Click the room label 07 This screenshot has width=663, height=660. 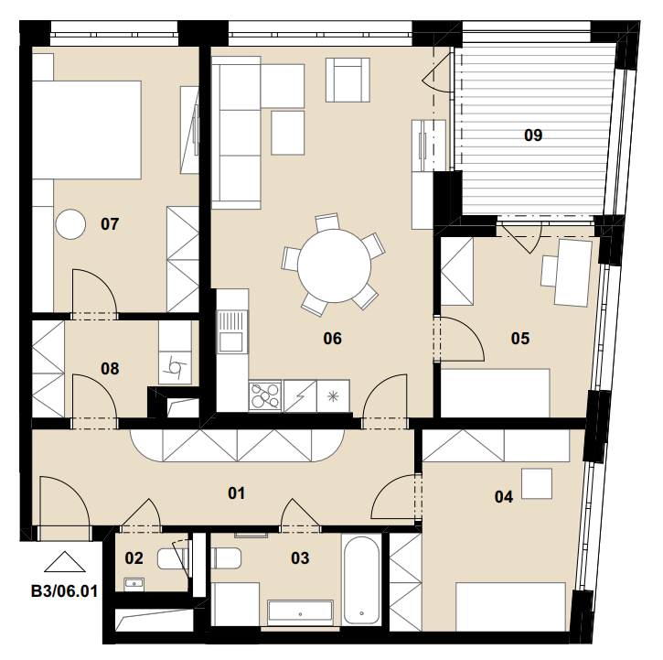(110, 224)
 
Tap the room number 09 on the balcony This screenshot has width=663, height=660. (533, 135)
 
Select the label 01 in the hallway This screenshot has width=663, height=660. (236, 492)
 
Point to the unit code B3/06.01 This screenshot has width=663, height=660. (64, 591)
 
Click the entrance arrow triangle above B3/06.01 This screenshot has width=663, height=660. (65, 561)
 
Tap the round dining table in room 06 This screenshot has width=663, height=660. (334, 265)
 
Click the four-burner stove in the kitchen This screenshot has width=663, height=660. (265, 395)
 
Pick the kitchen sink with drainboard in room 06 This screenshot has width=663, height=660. (232, 332)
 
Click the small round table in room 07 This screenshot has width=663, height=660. (70, 224)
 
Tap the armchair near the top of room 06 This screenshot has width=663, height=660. (348, 80)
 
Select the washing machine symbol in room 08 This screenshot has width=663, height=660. (175, 367)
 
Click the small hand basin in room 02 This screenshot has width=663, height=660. (134, 585)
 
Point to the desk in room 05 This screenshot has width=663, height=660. (573, 272)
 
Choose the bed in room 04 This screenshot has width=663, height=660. (510, 607)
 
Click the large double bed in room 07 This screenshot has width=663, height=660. (87, 130)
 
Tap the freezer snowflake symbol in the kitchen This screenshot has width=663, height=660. (333, 396)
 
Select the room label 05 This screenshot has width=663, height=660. (520, 339)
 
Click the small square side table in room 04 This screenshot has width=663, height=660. (537, 483)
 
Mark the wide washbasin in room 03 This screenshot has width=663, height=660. (300, 612)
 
